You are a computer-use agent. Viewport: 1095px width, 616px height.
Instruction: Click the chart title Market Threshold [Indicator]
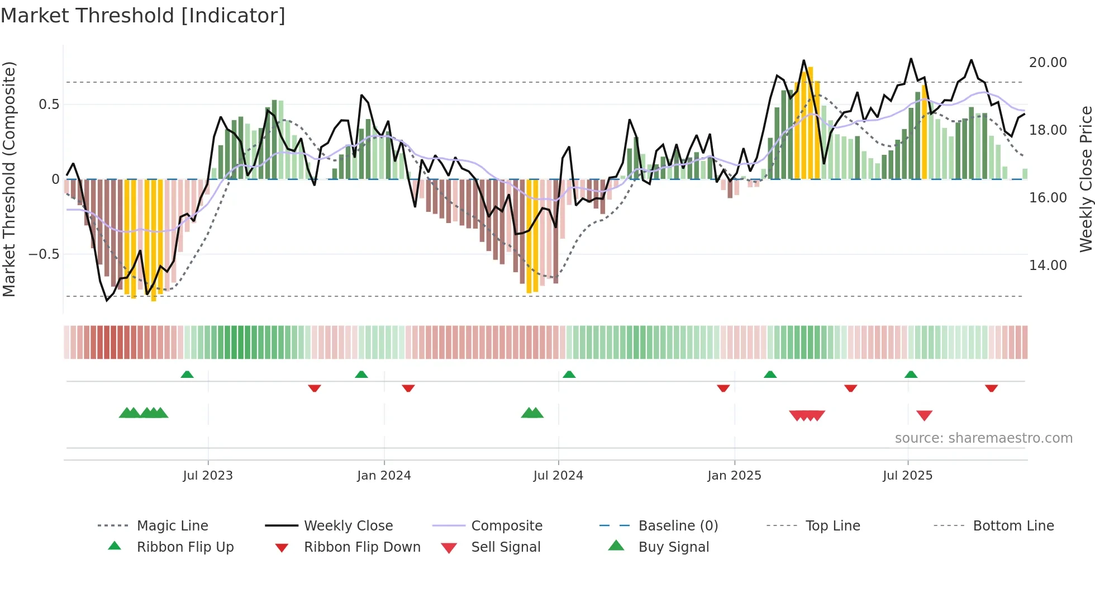[x=143, y=16]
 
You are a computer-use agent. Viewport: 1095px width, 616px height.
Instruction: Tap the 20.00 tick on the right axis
[x=1048, y=63]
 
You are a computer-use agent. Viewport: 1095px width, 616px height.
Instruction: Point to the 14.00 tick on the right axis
[x=1048, y=266]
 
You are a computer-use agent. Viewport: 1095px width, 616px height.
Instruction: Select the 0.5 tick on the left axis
[x=49, y=105]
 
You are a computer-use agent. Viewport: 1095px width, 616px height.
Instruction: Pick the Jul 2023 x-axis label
[x=207, y=476]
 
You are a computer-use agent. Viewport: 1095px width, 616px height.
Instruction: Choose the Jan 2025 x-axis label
[x=734, y=476]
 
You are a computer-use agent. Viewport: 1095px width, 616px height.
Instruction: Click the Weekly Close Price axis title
[x=1085, y=179]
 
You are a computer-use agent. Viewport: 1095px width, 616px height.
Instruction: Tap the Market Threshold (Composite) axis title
[x=9, y=179]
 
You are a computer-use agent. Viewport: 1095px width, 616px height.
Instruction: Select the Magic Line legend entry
[x=172, y=526]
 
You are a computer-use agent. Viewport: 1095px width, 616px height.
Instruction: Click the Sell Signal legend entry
[x=505, y=547]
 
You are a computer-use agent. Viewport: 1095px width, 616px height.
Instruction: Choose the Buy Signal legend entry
[x=673, y=547]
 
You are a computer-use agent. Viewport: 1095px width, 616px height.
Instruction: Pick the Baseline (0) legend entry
[x=678, y=526]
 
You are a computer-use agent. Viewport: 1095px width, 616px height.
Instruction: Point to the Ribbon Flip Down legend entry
[x=361, y=547]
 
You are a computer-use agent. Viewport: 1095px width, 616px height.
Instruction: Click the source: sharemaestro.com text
[x=983, y=438]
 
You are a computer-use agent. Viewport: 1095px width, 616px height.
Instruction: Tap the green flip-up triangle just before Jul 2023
[x=187, y=375]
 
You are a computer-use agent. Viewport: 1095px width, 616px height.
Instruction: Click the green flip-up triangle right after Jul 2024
[x=569, y=375]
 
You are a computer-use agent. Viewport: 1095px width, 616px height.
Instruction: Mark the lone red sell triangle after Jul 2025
[x=924, y=415]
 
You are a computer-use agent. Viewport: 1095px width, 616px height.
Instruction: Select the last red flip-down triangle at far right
[x=991, y=388]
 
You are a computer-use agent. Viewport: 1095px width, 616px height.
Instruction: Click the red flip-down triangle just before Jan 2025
[x=723, y=388]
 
